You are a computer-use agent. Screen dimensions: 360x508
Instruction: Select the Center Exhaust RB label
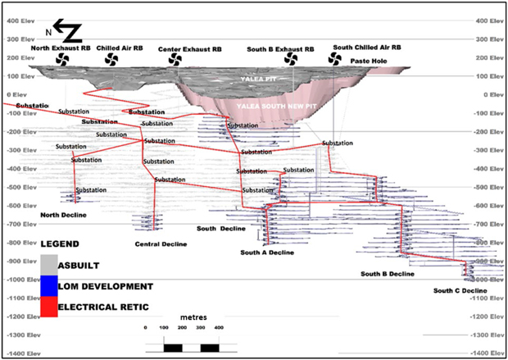click(x=189, y=49)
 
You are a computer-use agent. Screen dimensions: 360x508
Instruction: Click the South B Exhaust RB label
click(x=280, y=49)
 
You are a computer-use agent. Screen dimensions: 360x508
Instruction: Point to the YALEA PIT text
click(x=256, y=79)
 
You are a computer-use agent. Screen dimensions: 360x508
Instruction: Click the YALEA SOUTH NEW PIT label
click(x=271, y=107)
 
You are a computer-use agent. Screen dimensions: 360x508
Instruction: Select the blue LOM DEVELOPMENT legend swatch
click(x=48, y=285)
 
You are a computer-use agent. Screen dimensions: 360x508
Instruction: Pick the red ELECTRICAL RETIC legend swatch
click(x=48, y=307)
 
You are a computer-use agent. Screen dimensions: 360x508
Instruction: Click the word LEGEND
click(x=60, y=244)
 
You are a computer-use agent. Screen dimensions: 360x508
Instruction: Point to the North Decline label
click(x=63, y=215)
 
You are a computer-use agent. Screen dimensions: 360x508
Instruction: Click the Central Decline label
click(x=161, y=244)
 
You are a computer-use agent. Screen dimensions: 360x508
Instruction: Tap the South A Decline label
click(x=267, y=252)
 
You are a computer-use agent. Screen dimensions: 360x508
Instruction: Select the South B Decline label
click(x=388, y=273)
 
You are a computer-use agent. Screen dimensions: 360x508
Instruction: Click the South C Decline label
click(x=460, y=290)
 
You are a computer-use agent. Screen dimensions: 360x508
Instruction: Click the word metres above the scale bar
click(x=194, y=317)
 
